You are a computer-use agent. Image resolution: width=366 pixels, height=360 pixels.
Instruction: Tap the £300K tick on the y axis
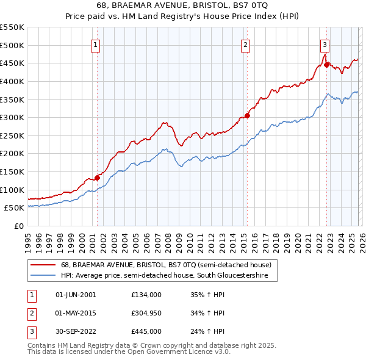click(12, 117)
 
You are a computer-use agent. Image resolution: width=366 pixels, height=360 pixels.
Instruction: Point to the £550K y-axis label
click(12, 27)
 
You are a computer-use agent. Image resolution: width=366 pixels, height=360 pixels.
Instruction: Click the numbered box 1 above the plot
click(96, 44)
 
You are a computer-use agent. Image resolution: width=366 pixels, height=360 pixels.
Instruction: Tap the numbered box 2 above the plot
click(245, 44)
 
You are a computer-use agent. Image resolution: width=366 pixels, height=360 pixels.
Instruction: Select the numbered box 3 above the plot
click(325, 44)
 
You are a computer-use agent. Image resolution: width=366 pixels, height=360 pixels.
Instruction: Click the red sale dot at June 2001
click(97, 178)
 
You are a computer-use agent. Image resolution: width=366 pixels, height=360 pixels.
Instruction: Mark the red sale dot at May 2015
click(247, 115)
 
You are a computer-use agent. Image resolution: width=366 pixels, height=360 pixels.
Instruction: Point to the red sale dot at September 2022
click(327, 65)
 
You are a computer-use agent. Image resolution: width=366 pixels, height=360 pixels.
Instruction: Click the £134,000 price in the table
click(146, 295)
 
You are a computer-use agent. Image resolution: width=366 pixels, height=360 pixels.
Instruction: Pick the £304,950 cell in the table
click(146, 313)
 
